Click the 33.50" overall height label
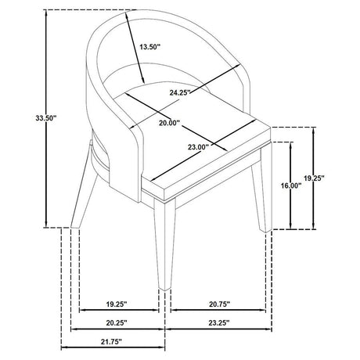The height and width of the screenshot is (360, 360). [x=46, y=118]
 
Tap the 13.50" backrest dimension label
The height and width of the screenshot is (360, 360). [x=149, y=47]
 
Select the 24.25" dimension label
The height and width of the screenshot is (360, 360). [x=180, y=92]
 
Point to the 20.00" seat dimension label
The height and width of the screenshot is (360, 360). [x=170, y=123]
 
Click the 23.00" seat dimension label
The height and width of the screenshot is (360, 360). [x=199, y=147]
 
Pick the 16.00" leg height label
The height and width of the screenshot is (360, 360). [x=291, y=185]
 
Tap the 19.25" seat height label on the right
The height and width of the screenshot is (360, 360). [x=314, y=178]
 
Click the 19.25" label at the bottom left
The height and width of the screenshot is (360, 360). [x=117, y=304]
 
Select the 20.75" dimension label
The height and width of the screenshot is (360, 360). [x=220, y=304]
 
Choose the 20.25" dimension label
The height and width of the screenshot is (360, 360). [x=117, y=323]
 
